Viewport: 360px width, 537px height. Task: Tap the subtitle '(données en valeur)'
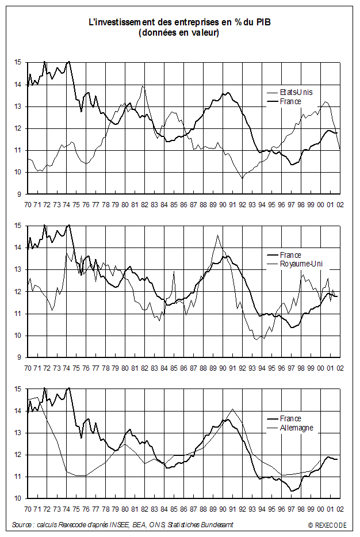pos(179,33)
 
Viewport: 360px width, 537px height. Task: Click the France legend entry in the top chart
pos(291,102)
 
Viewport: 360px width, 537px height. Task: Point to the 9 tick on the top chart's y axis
pos(18,195)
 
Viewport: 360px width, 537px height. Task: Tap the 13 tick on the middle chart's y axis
pos(17,269)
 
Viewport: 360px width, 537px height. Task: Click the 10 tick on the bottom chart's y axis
pos(17,498)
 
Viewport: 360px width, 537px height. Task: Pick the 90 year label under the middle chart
pos(221,367)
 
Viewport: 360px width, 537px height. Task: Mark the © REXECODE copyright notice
pos(327,525)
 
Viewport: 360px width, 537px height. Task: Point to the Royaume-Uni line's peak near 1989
pos(217,235)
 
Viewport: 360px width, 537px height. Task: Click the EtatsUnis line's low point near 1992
pos(242,178)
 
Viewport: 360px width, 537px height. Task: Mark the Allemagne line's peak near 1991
pos(232,409)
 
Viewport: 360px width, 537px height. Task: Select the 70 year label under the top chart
pos(27,204)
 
